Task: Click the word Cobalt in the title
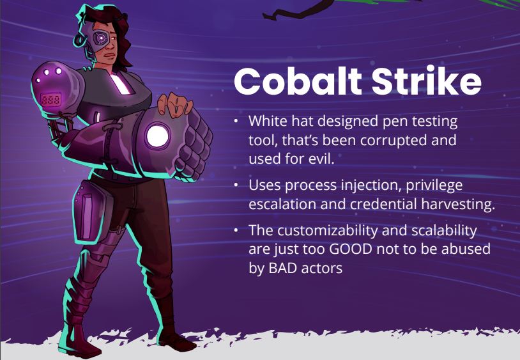coord(298,81)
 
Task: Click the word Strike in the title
coord(426,81)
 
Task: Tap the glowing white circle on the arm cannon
coord(157,136)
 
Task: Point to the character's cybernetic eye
coord(100,38)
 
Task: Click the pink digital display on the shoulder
coord(50,100)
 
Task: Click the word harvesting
coord(458,204)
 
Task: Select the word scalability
coord(444,231)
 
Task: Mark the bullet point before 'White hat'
coord(236,121)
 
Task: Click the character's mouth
coord(110,56)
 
